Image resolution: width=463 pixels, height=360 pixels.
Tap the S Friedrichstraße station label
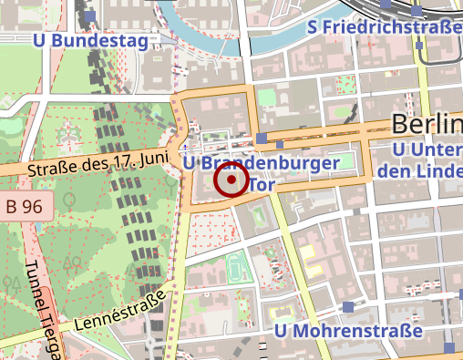tap(385, 27)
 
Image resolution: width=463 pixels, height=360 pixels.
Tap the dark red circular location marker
tap(231, 180)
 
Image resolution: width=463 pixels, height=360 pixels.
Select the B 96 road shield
tap(24, 207)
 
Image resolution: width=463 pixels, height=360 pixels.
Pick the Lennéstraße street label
tap(120, 311)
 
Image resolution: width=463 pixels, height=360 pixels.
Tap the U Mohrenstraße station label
tap(349, 330)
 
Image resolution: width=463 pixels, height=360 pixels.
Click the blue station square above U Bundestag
tap(89, 16)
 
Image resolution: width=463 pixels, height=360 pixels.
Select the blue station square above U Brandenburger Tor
tap(262, 139)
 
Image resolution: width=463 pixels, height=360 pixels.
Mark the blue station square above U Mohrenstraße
tap(349, 307)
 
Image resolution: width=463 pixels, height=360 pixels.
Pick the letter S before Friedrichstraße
tap(314, 27)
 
